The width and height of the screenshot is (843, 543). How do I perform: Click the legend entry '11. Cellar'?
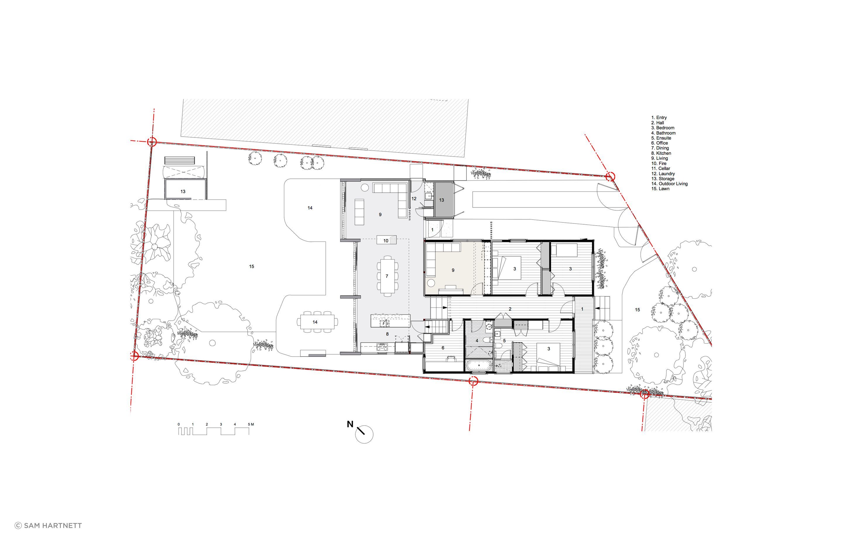click(x=661, y=169)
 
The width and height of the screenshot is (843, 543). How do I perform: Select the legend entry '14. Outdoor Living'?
click(x=669, y=184)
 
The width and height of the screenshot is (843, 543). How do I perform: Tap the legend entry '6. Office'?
click(x=659, y=143)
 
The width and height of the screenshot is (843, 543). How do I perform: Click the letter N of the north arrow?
click(x=350, y=424)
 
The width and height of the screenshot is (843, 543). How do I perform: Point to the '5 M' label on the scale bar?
click(x=251, y=424)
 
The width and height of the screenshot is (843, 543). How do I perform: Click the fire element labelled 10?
click(x=386, y=240)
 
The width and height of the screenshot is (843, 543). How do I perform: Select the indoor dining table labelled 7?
click(x=387, y=276)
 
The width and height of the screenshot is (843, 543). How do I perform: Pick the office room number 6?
click(x=443, y=348)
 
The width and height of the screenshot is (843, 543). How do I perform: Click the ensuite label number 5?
click(x=504, y=341)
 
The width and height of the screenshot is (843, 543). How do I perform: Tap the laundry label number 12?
click(x=414, y=199)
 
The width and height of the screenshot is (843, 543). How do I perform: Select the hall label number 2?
click(x=510, y=309)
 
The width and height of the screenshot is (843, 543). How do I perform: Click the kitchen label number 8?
click(x=387, y=334)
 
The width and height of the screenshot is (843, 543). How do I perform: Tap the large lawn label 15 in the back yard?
click(x=251, y=267)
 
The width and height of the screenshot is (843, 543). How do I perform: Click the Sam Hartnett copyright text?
click(x=48, y=526)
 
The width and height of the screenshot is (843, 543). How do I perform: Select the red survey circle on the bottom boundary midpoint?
click(x=473, y=381)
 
